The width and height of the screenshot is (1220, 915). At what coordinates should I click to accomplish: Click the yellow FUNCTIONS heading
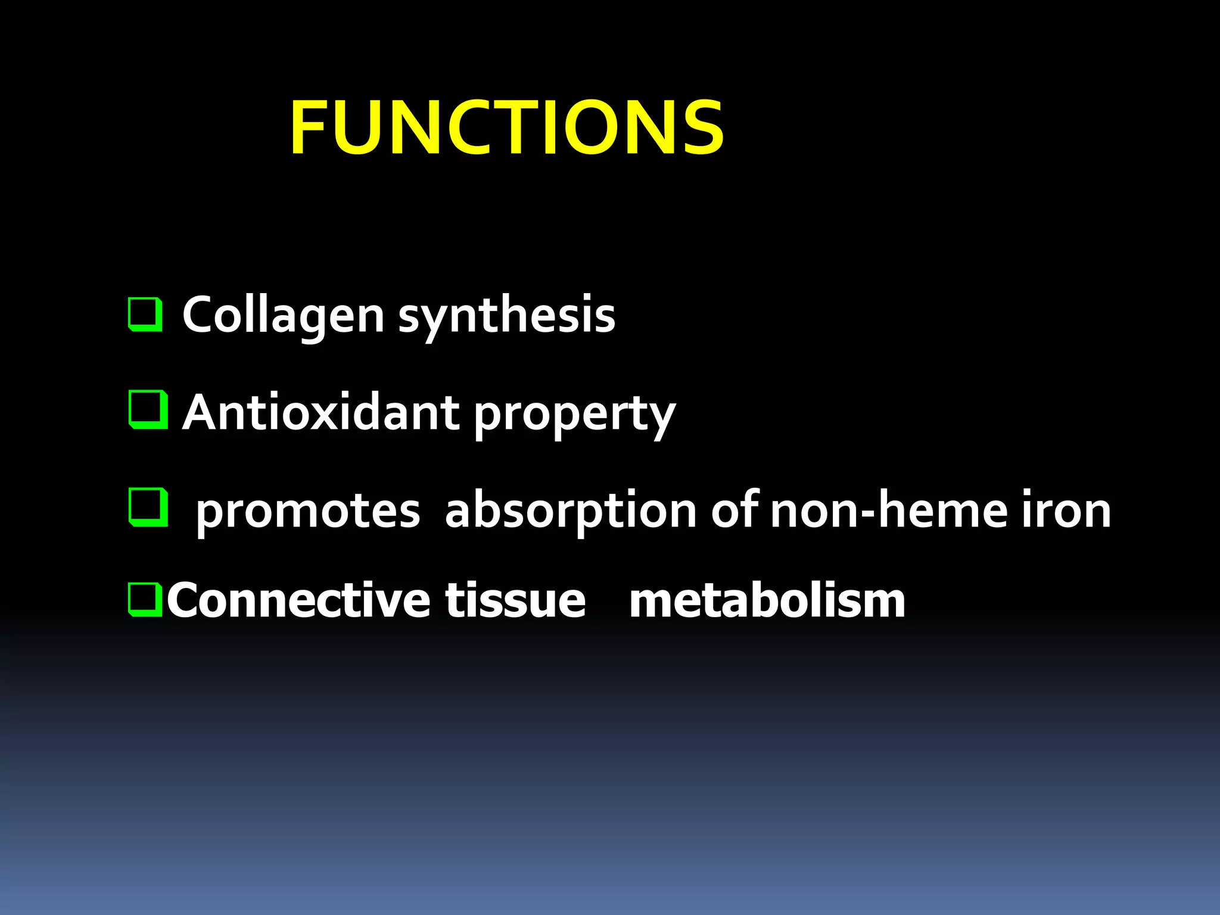[507, 127]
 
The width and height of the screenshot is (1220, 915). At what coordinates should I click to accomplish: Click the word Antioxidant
[321, 412]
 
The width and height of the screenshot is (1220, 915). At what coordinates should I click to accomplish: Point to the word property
[575, 415]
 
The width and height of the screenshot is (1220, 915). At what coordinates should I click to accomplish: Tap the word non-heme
[888, 510]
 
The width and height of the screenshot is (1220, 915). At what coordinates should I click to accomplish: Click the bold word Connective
[298, 600]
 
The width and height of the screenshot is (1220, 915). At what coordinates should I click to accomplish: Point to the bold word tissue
[515, 600]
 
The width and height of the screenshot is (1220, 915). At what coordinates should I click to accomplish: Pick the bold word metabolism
[767, 600]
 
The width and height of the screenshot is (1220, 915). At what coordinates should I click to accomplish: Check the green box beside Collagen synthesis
[145, 314]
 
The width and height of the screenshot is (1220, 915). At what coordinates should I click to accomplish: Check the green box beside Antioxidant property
[147, 410]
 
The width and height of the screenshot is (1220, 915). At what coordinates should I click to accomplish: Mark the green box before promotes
[147, 508]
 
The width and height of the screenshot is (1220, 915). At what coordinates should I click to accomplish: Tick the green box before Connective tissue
[145, 600]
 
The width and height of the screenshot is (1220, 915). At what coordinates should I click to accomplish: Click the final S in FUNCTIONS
[703, 127]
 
